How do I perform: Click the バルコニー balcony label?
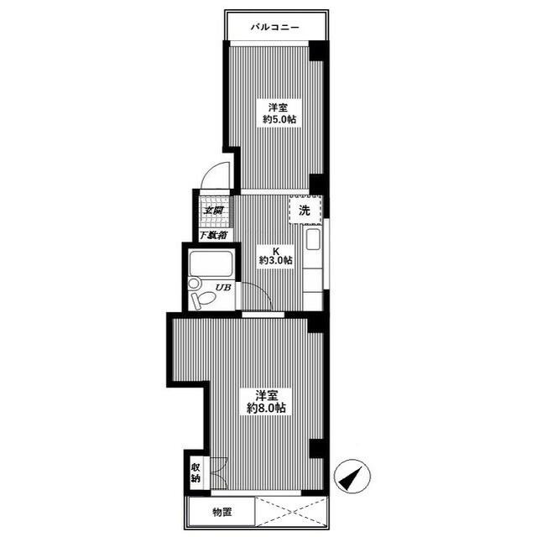(x=275, y=27)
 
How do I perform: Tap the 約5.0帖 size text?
(x=279, y=119)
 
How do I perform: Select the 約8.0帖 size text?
(x=266, y=408)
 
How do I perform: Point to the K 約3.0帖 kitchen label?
(x=275, y=256)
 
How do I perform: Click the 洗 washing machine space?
(x=305, y=210)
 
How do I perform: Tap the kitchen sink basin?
(x=313, y=239)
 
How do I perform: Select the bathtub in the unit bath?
(x=211, y=263)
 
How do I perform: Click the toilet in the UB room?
(x=203, y=300)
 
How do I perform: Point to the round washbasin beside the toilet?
(x=194, y=284)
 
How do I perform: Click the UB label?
(x=223, y=287)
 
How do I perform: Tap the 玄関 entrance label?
(x=213, y=211)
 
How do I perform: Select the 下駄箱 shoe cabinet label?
(x=213, y=235)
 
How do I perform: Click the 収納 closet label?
(x=196, y=472)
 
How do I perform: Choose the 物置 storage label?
(x=222, y=513)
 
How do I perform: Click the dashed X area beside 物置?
(x=291, y=512)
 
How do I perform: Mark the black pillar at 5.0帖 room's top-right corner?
(x=317, y=50)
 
